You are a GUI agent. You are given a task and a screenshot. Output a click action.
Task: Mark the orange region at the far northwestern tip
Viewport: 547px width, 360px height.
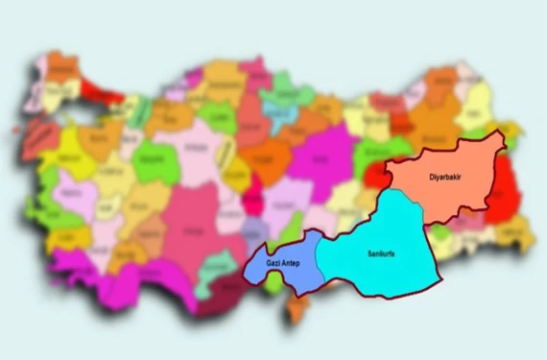point(63,67)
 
